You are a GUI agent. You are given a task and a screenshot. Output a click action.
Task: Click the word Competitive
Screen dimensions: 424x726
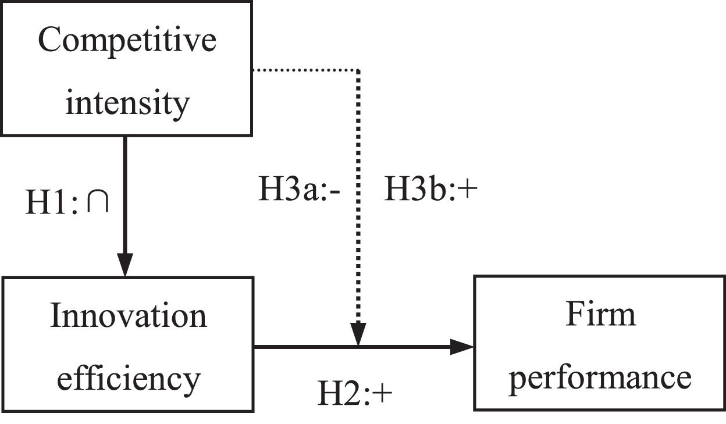coord(127,41)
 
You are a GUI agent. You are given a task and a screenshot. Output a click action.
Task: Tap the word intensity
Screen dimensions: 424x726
coord(127,103)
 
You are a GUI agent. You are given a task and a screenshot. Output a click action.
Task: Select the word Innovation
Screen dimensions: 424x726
coord(128,316)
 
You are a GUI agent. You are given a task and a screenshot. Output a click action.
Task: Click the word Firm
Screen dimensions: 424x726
coord(600,314)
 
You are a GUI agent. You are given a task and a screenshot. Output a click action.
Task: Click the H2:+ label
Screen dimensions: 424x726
coord(355,394)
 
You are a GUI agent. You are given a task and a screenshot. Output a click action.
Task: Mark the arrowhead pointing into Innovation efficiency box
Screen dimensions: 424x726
coord(124,265)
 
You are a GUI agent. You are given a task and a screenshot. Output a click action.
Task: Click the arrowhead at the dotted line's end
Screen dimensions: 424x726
coord(358,335)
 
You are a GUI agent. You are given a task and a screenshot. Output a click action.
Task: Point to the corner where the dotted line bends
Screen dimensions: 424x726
coord(358,70)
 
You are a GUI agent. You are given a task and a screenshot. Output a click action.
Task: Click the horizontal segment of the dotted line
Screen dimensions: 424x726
coord(305,70)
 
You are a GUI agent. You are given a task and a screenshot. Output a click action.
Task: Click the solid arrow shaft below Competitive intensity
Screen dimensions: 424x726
coord(124,192)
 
